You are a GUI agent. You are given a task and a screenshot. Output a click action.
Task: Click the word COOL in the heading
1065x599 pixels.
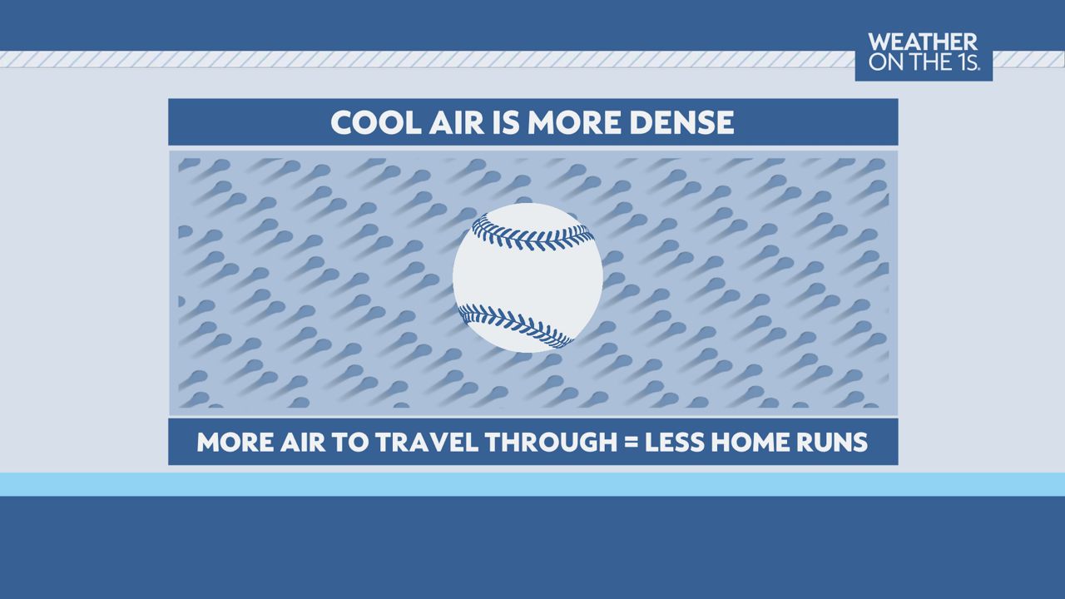[x=376, y=122]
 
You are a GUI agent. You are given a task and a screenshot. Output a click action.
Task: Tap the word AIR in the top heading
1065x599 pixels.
[x=457, y=122]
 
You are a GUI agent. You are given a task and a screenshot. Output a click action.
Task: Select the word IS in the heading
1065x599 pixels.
[x=507, y=122]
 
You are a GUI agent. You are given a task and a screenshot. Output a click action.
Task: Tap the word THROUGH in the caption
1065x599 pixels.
[x=551, y=442]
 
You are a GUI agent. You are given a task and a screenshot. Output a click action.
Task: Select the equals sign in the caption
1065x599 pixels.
[x=631, y=443]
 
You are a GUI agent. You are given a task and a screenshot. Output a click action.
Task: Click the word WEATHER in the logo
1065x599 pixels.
[x=923, y=42]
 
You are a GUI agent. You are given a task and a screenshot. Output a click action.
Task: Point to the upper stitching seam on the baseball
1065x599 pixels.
[x=533, y=234]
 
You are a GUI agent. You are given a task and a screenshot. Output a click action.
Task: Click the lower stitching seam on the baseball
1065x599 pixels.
[x=516, y=325]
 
